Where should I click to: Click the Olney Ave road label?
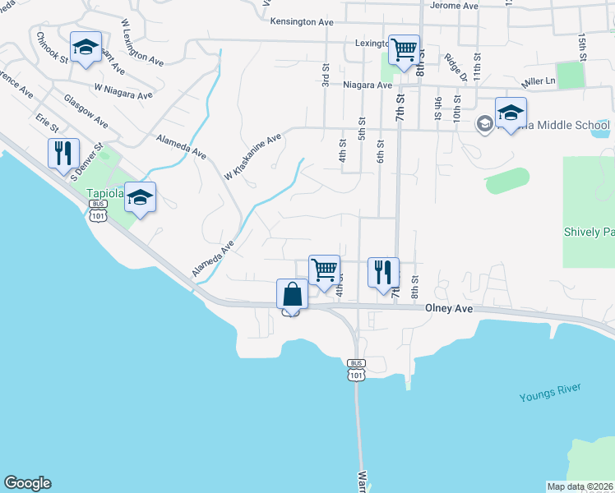[x=449, y=308]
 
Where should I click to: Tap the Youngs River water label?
[x=550, y=393]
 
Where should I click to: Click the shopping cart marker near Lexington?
[x=404, y=49]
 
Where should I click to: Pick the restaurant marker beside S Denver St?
[x=63, y=153]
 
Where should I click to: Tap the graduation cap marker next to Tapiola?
[x=141, y=197]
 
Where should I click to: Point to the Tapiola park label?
[x=105, y=195]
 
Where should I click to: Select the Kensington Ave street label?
[x=303, y=20]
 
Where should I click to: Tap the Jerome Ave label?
[x=454, y=6]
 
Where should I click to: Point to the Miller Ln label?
[x=539, y=82]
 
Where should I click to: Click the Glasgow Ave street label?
[x=86, y=110]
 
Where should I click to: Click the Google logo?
[x=27, y=483]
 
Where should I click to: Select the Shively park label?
[x=588, y=232]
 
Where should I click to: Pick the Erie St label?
[x=47, y=123]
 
